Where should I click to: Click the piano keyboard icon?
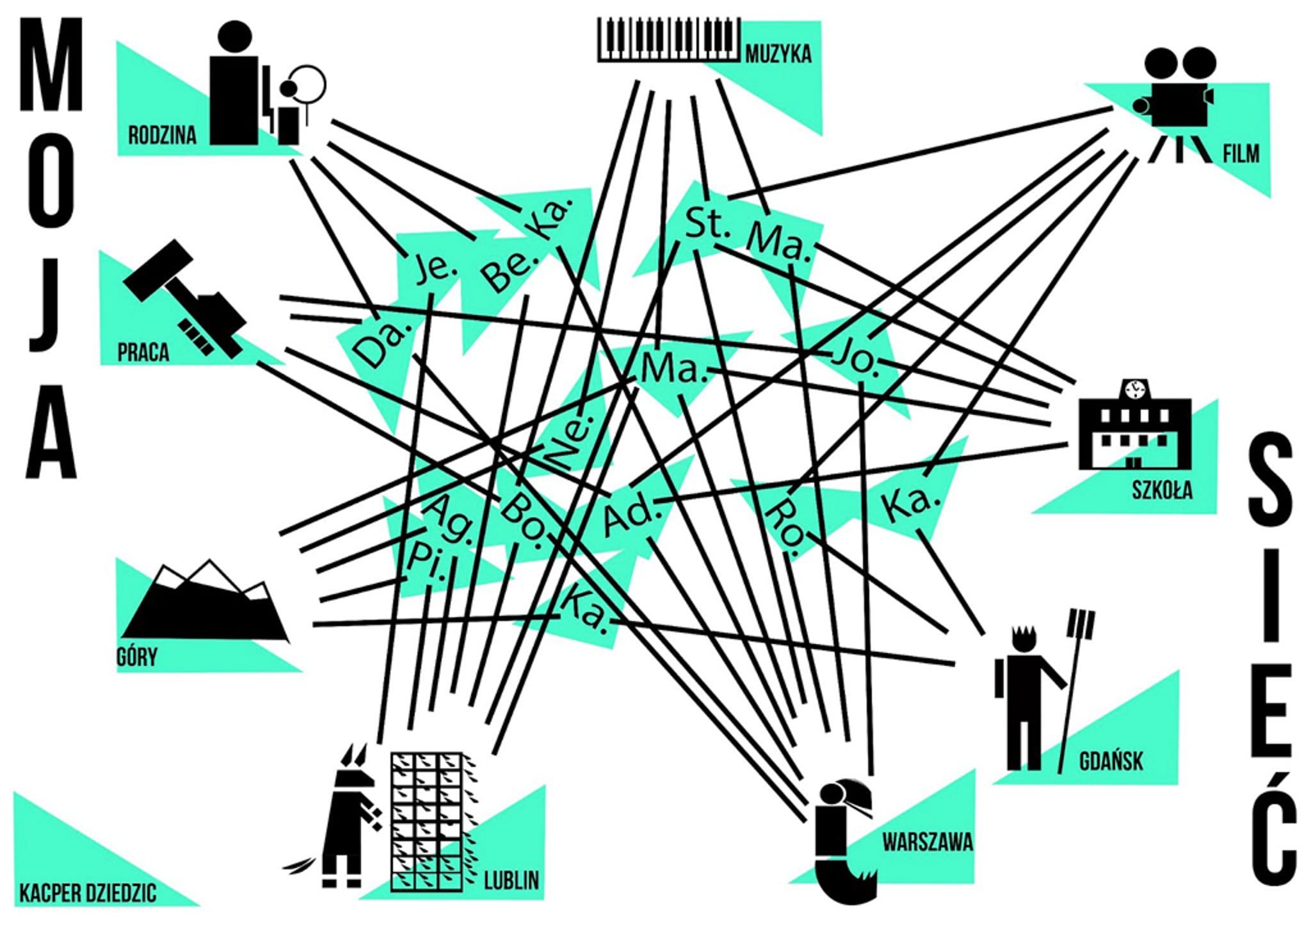[669, 40]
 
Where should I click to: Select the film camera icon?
[1178, 102]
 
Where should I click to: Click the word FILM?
[1241, 154]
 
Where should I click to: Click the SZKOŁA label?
[1162, 491]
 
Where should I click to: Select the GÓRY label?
[137, 657]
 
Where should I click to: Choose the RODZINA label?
[162, 136]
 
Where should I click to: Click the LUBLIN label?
[511, 880]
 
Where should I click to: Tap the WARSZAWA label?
[928, 842]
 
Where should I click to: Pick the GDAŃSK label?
[1111, 761]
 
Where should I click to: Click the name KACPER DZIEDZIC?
[88, 893]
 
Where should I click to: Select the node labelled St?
[707, 223]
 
